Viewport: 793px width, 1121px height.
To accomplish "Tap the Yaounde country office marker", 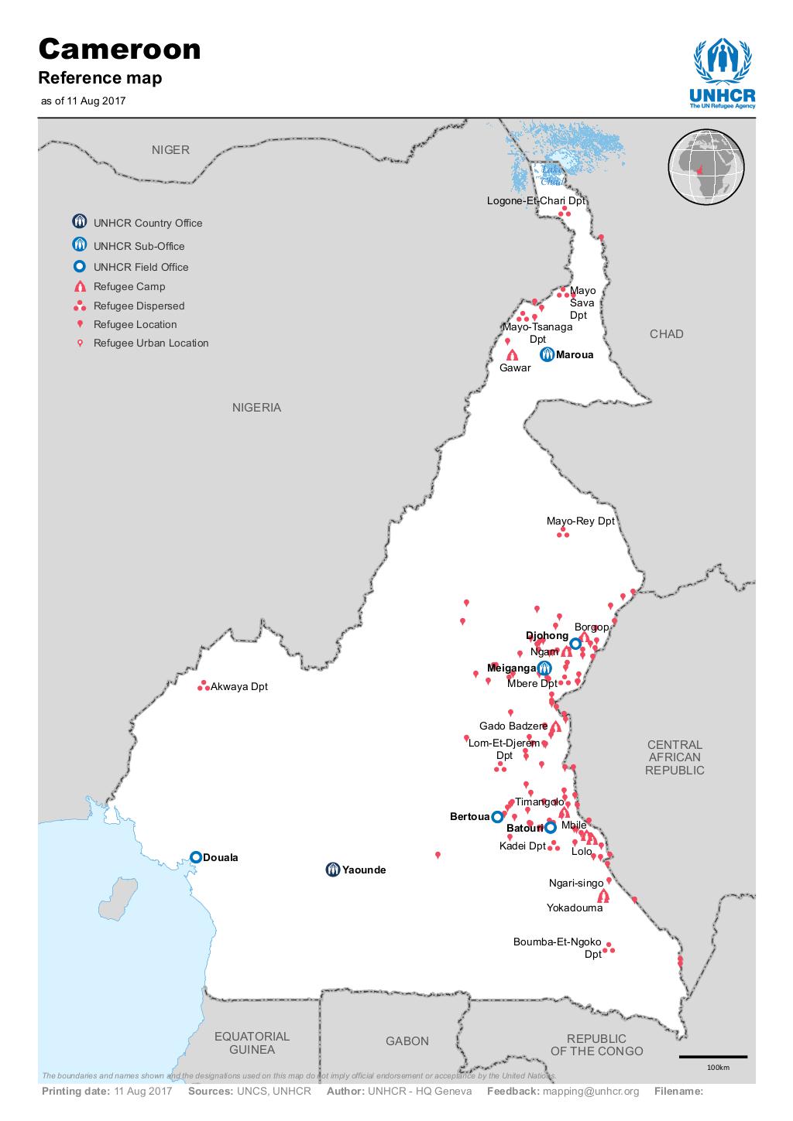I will point(332,870).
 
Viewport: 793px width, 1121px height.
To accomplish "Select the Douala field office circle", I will point(196,856).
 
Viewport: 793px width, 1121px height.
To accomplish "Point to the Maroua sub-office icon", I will point(547,355).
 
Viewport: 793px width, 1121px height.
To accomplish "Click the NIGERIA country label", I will point(256,408).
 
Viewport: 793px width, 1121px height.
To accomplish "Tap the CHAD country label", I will point(666,334).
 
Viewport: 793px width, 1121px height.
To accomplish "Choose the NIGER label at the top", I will point(170,150).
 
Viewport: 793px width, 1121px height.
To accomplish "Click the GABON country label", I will point(407,1041).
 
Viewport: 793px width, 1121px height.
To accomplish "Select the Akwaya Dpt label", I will point(239,686).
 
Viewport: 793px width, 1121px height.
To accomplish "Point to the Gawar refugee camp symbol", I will point(512,355).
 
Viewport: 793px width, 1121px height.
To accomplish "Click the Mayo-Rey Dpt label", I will point(580,521).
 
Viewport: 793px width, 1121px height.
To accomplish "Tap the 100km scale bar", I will point(712,1057).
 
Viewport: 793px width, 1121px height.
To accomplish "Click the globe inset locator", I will point(705,168).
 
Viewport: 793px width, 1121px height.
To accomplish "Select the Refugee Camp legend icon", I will point(79,287).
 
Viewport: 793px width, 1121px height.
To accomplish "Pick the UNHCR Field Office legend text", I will point(141,267).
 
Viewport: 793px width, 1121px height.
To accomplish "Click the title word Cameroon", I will point(120,50).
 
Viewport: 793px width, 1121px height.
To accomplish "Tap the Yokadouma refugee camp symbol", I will point(603,895).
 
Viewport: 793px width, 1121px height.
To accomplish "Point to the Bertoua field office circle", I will point(497,816).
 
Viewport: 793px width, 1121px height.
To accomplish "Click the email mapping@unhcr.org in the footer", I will point(591,1091).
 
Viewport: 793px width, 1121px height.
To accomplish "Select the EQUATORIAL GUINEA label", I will point(252,1043).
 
